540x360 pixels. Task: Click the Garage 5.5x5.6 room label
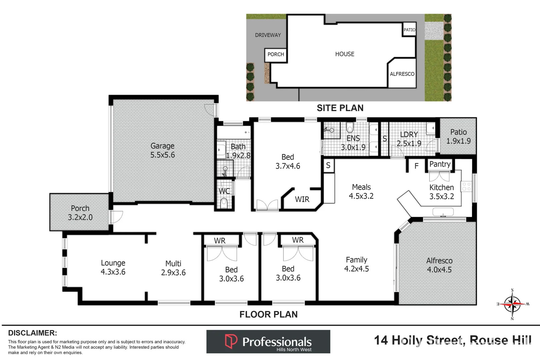pos(162,150)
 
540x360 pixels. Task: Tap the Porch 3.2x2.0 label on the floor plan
pos(80,213)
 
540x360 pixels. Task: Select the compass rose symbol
pos(512,304)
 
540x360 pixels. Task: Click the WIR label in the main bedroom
pos(302,199)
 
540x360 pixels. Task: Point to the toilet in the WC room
pos(224,203)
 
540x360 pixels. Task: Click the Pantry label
pos(440,164)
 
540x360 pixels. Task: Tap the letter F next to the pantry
pos(416,166)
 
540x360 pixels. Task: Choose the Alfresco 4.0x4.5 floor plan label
pos(439,265)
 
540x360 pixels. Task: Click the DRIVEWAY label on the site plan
pos(268,35)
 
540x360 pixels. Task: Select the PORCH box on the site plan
pos(276,54)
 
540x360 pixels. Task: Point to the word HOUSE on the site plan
pos(345,54)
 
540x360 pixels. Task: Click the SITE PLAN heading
pos(340,108)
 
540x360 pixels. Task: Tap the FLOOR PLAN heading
pos(268,314)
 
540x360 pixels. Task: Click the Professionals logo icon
pos(231,341)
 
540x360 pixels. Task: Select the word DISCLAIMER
pos(32,333)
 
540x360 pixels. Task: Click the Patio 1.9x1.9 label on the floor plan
pos(458,137)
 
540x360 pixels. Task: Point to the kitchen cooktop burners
pos(466,186)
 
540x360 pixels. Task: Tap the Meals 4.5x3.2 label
pos(361,192)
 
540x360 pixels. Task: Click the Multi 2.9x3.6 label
pos(173,268)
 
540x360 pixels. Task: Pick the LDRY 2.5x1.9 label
pos(409,139)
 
